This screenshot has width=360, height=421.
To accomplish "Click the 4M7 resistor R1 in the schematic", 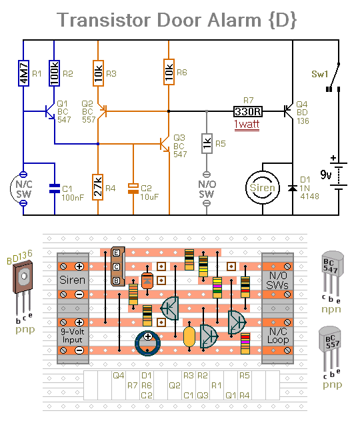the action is (23, 73).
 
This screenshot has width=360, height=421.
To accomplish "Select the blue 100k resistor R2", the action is (54, 73).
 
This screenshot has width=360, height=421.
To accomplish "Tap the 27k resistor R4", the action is (98, 187).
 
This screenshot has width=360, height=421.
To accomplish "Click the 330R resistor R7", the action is (248, 111).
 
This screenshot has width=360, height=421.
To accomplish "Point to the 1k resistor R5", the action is (207, 144).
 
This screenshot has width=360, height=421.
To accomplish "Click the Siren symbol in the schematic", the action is (263, 188).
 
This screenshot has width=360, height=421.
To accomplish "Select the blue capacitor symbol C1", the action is (55, 189).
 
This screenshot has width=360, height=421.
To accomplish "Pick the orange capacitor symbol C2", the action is (133, 189).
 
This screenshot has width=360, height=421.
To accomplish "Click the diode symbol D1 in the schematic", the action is (293, 189).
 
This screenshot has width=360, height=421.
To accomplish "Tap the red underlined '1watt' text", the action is (247, 125).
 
